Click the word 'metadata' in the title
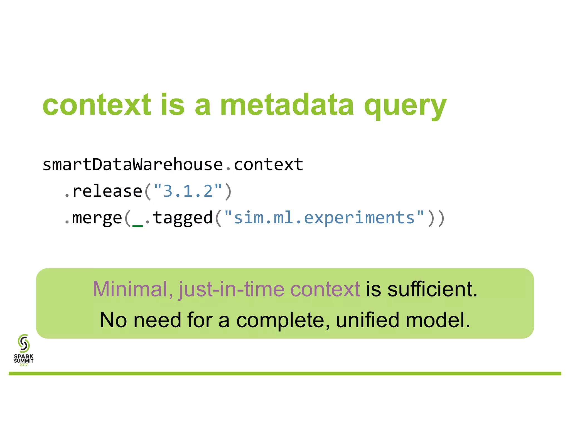(287, 105)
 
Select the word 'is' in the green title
(173, 105)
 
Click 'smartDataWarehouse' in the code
(133, 164)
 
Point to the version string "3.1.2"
(188, 191)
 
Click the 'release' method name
(107, 191)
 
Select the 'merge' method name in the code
(97, 218)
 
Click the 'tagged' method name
(183, 218)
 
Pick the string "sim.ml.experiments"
(324, 218)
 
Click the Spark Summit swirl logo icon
(24, 343)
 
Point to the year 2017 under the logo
(24, 365)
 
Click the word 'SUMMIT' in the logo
(24, 361)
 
